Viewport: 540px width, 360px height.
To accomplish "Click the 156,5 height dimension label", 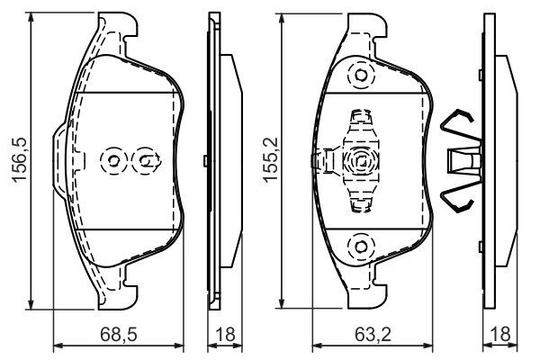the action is (19, 159).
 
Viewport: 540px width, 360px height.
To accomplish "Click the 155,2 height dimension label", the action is (270, 159).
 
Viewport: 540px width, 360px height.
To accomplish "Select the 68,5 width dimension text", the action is (119, 334).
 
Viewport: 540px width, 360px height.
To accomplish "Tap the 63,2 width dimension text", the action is (373, 334).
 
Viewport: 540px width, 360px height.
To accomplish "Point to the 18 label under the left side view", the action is (225, 334).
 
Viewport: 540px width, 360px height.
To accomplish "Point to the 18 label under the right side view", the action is (500, 334).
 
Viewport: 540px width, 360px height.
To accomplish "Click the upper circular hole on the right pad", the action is (361, 76).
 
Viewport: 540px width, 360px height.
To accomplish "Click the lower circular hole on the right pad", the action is (361, 247).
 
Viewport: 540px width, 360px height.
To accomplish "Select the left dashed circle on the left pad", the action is (113, 160).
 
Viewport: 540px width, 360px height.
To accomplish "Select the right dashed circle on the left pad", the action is (145, 160).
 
